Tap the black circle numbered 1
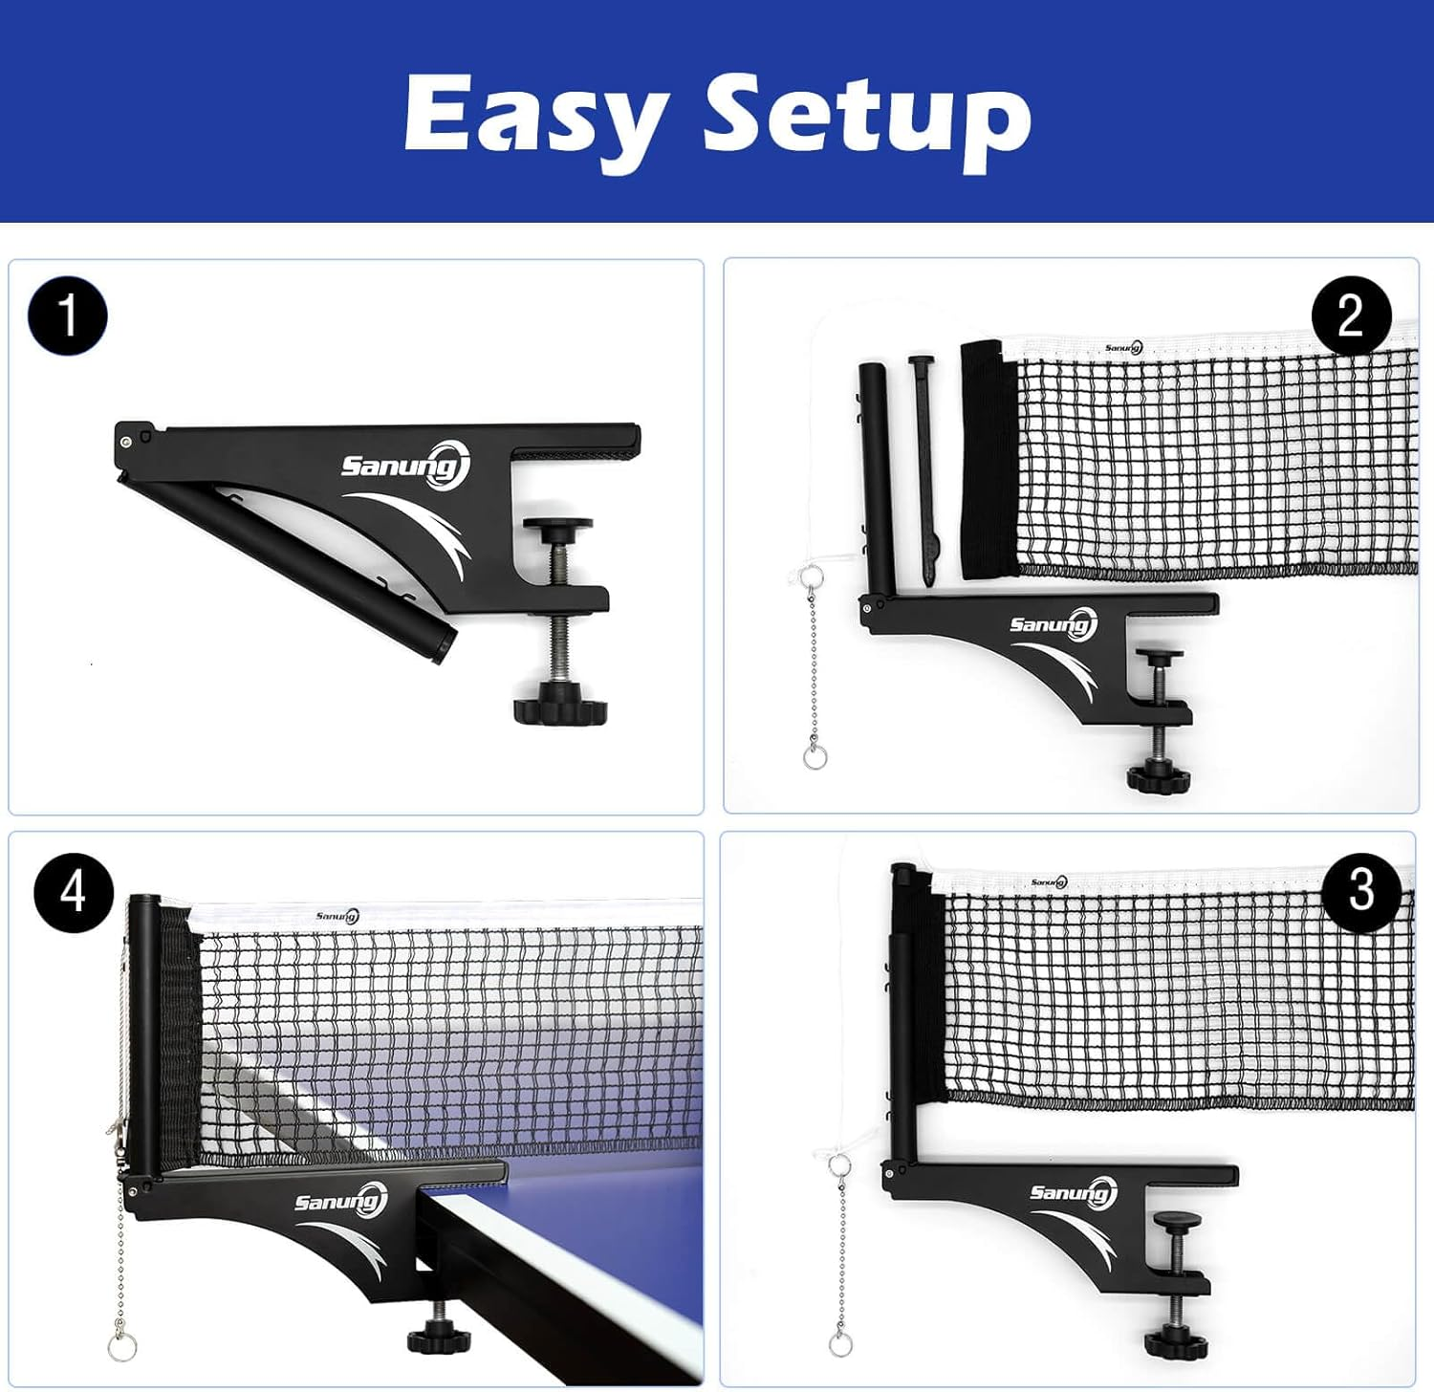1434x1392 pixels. pyautogui.click(x=68, y=316)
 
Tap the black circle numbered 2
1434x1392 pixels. pyautogui.click(x=1350, y=315)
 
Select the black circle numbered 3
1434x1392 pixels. pyautogui.click(x=1361, y=891)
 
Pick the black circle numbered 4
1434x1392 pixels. pyautogui.click(x=74, y=892)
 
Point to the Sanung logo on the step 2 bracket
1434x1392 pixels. pyautogui.click(x=1054, y=625)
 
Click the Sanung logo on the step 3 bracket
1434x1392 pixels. pyautogui.click(x=1074, y=1192)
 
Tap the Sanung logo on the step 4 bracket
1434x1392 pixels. pyautogui.click(x=340, y=1201)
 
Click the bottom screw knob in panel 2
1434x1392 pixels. pyautogui.click(x=1159, y=775)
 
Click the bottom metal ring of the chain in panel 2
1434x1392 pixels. pyautogui.click(x=814, y=758)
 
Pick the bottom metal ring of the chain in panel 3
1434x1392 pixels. pyautogui.click(x=840, y=1344)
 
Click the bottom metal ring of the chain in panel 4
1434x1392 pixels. pyautogui.click(x=121, y=1348)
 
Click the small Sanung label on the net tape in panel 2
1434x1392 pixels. pyautogui.click(x=1123, y=348)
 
